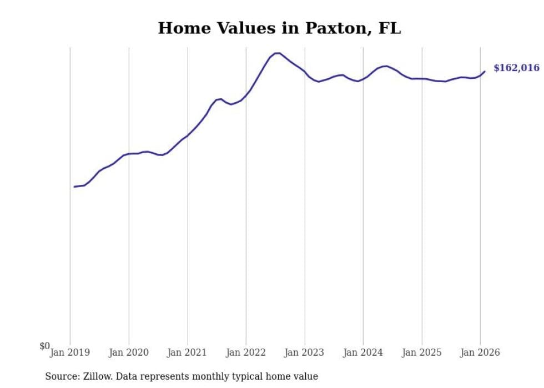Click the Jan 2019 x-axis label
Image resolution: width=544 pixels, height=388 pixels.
(70, 352)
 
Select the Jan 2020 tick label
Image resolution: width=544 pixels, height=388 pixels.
(129, 352)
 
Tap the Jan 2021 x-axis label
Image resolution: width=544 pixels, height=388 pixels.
(188, 352)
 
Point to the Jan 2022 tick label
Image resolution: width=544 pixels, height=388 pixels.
(246, 352)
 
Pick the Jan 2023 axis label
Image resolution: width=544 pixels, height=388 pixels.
(305, 352)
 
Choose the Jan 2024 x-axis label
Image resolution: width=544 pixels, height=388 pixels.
(363, 352)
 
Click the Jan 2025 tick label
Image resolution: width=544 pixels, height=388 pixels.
(422, 352)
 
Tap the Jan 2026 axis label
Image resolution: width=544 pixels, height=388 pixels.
(480, 352)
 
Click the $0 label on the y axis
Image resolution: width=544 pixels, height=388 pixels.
(44, 346)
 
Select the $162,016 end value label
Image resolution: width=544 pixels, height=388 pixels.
(516, 68)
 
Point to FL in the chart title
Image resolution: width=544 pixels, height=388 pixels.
(389, 29)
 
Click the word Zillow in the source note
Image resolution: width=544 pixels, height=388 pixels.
(97, 376)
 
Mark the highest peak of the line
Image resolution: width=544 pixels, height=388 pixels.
(277, 53)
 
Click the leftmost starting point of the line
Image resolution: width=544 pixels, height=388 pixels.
(74, 187)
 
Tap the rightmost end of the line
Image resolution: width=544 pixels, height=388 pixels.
(485, 71)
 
